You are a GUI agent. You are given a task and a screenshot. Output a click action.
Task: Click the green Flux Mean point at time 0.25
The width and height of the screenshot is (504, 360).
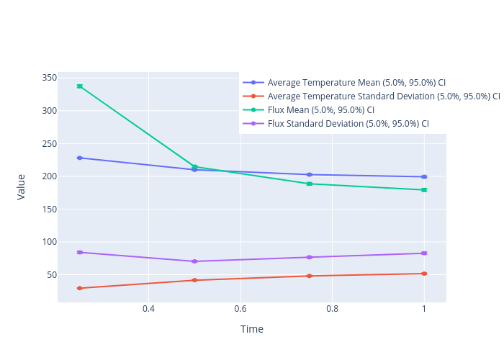80,86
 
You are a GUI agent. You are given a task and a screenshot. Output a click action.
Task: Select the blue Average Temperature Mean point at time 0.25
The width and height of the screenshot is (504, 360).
80,158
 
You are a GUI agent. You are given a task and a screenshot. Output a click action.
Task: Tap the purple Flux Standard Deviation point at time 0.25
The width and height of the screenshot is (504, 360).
80,252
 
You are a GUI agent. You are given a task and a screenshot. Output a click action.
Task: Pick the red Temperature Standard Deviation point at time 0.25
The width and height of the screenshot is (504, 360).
80,288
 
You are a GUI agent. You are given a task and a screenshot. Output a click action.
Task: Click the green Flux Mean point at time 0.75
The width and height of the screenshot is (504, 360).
310,184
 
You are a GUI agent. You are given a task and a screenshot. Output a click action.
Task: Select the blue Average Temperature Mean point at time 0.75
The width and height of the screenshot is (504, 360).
310,174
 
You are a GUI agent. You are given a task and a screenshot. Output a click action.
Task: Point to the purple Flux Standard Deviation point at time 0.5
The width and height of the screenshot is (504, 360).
194,261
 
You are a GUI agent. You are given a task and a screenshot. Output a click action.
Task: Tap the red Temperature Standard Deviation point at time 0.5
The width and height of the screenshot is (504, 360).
194,280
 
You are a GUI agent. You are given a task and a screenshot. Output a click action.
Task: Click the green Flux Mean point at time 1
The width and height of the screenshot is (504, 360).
424,190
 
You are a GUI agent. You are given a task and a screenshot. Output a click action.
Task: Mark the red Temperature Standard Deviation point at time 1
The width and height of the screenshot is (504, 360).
424,274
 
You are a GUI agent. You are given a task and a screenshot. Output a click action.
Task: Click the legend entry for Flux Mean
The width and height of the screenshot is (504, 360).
320,110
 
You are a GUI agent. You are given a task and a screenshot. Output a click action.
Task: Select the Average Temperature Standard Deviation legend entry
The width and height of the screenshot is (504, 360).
383,96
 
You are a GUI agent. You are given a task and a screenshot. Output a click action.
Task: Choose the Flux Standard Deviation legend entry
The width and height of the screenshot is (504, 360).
348,124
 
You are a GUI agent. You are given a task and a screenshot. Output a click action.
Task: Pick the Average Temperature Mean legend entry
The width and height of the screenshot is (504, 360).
356,83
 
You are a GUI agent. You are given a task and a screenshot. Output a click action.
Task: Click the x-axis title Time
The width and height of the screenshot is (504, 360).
252,330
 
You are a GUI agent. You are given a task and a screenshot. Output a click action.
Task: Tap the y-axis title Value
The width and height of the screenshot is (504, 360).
22,186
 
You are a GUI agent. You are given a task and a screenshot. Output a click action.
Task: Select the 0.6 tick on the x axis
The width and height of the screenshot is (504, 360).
240,309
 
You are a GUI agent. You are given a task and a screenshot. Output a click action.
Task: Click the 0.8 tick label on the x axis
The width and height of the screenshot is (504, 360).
332,309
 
